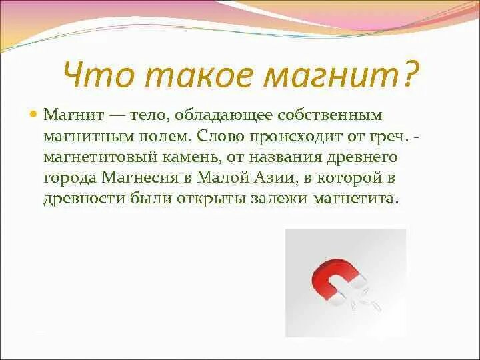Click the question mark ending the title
(407, 75)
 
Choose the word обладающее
(216, 115)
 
